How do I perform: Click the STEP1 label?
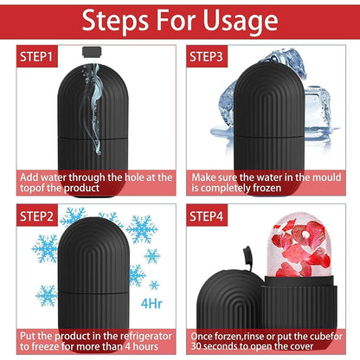click(x=35, y=56)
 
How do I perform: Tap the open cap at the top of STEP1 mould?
click(x=88, y=53)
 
